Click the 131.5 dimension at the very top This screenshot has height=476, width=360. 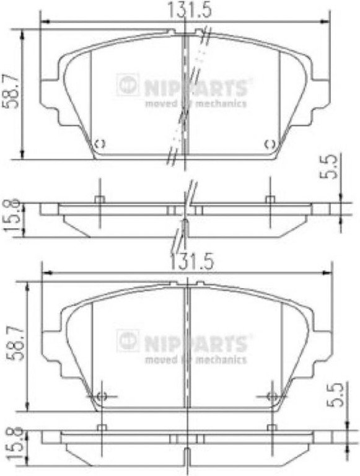pyautogui.click(x=190, y=10)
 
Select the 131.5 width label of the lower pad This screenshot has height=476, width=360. pyautogui.click(x=191, y=262)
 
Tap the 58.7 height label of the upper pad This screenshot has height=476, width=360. pyautogui.click(x=11, y=91)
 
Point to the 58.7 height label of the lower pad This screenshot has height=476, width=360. pyautogui.click(x=15, y=343)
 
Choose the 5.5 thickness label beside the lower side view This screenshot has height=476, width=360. pyautogui.click(x=337, y=394)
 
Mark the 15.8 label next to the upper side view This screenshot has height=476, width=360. pyautogui.click(x=12, y=215)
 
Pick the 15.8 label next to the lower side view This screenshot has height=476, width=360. pyautogui.click(x=14, y=444)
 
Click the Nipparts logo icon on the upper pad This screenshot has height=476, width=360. pyautogui.click(x=128, y=85)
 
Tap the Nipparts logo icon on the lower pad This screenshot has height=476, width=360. pyautogui.click(x=128, y=341)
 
